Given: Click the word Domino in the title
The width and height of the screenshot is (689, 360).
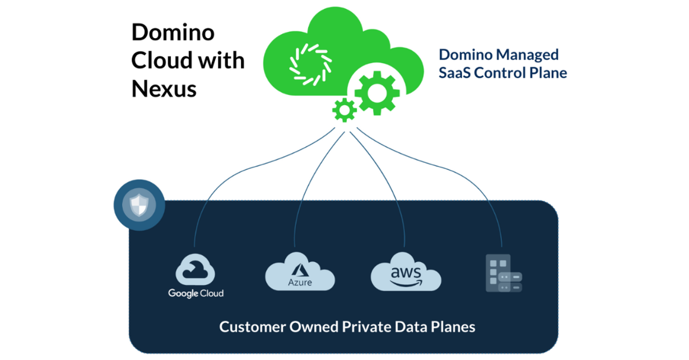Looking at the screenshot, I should coord(173,32).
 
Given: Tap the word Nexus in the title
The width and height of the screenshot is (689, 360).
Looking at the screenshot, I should coord(164,88).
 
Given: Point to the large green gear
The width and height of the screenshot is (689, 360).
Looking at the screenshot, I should coord(377,93).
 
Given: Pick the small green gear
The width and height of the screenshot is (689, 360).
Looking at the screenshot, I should coord(344,110).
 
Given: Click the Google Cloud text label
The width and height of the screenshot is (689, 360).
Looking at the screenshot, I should coord(195,293).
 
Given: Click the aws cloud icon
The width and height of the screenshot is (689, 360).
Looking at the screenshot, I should coord(406,273).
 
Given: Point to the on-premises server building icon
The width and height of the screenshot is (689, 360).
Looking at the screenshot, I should coord(502,274).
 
